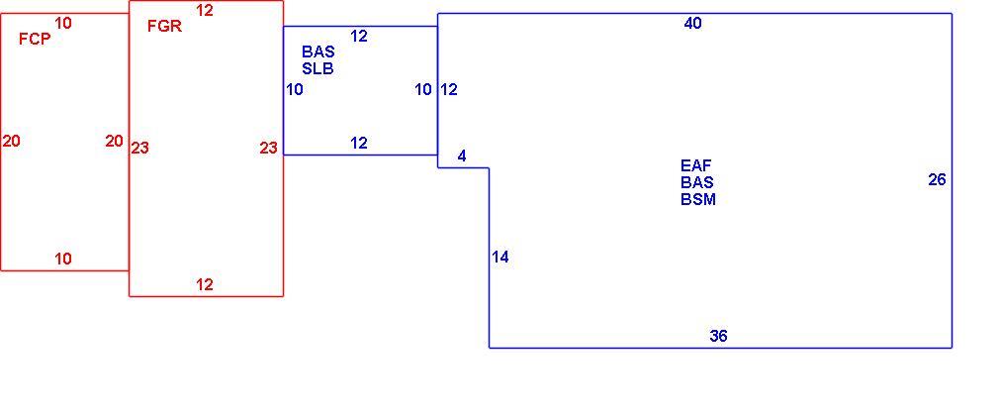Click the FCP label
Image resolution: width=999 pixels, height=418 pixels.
(x=35, y=39)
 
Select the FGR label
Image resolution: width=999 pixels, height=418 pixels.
(x=164, y=26)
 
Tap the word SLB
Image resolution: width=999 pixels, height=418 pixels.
(x=318, y=68)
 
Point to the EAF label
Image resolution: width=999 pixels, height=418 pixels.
(x=695, y=166)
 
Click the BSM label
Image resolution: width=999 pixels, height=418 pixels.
(x=698, y=199)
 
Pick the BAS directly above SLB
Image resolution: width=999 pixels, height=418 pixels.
(x=318, y=52)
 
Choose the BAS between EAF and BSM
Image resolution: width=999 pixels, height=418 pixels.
(x=697, y=182)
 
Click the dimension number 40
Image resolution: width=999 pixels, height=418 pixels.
(x=693, y=24)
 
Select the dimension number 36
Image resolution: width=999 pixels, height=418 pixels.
(x=719, y=336)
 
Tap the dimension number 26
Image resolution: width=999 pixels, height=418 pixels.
(x=938, y=180)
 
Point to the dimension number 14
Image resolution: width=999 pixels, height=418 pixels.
(x=500, y=258)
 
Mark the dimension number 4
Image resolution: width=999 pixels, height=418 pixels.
(x=462, y=156)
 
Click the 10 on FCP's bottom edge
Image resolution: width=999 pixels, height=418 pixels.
(x=63, y=259)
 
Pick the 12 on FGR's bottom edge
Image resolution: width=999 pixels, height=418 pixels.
(x=205, y=284)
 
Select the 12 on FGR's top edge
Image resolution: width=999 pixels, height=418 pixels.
(x=205, y=10)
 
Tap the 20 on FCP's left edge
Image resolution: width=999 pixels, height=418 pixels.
(x=12, y=141)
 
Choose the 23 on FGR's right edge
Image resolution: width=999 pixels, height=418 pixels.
(x=268, y=148)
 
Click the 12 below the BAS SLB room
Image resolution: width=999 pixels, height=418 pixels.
(x=359, y=143)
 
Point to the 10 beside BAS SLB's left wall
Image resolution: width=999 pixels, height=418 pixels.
(x=295, y=89)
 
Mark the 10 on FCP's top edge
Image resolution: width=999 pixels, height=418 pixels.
(x=63, y=23)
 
